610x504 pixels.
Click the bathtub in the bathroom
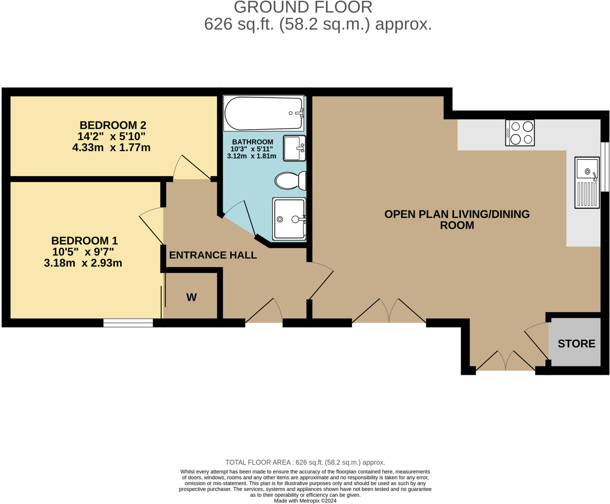coord(263,113)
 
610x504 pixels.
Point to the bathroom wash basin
coord(294,148)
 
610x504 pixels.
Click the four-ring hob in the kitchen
coord(520,133)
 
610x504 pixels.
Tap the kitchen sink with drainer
coord(586,182)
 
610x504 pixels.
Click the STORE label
coord(576,344)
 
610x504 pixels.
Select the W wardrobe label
coord(192,297)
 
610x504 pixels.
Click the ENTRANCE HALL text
coord(213,255)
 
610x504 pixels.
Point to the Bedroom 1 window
coord(128,323)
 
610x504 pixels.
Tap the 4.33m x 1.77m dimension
coord(111,147)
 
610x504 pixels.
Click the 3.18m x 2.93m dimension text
coord(83,263)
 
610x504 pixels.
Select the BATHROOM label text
coord(253,142)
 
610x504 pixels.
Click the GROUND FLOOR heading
coord(303,7)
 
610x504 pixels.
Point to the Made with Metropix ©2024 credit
coord(305,501)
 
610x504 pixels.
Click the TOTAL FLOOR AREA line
coord(305,462)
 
